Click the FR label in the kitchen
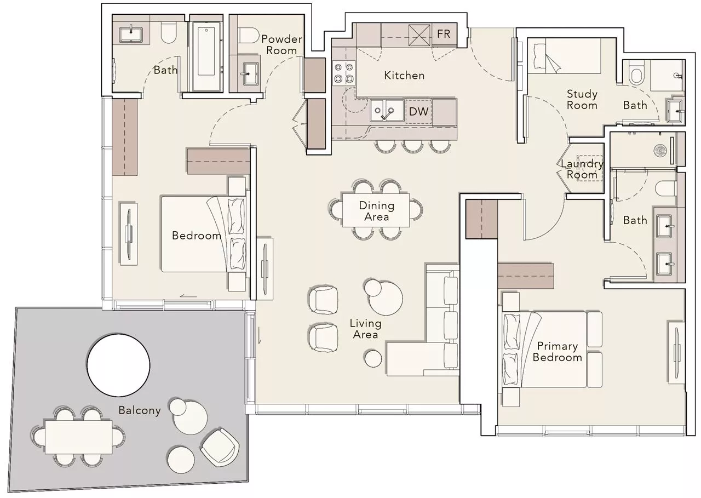coord(444,34)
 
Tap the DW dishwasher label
coord(419,111)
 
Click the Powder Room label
coord(281,45)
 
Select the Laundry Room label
coord(582,169)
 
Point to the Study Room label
coord(582,100)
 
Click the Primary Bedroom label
coord(557,352)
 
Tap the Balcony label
coord(140,410)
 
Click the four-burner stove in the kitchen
coord(344,73)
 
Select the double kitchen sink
coord(387,110)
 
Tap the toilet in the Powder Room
coord(249,36)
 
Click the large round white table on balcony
coord(118,365)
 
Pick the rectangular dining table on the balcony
coord(78,437)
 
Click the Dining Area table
coord(376,210)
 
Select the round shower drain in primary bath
coord(660,150)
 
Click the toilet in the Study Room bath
coord(637,73)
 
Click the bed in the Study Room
coord(564,56)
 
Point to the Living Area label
coord(365,329)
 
